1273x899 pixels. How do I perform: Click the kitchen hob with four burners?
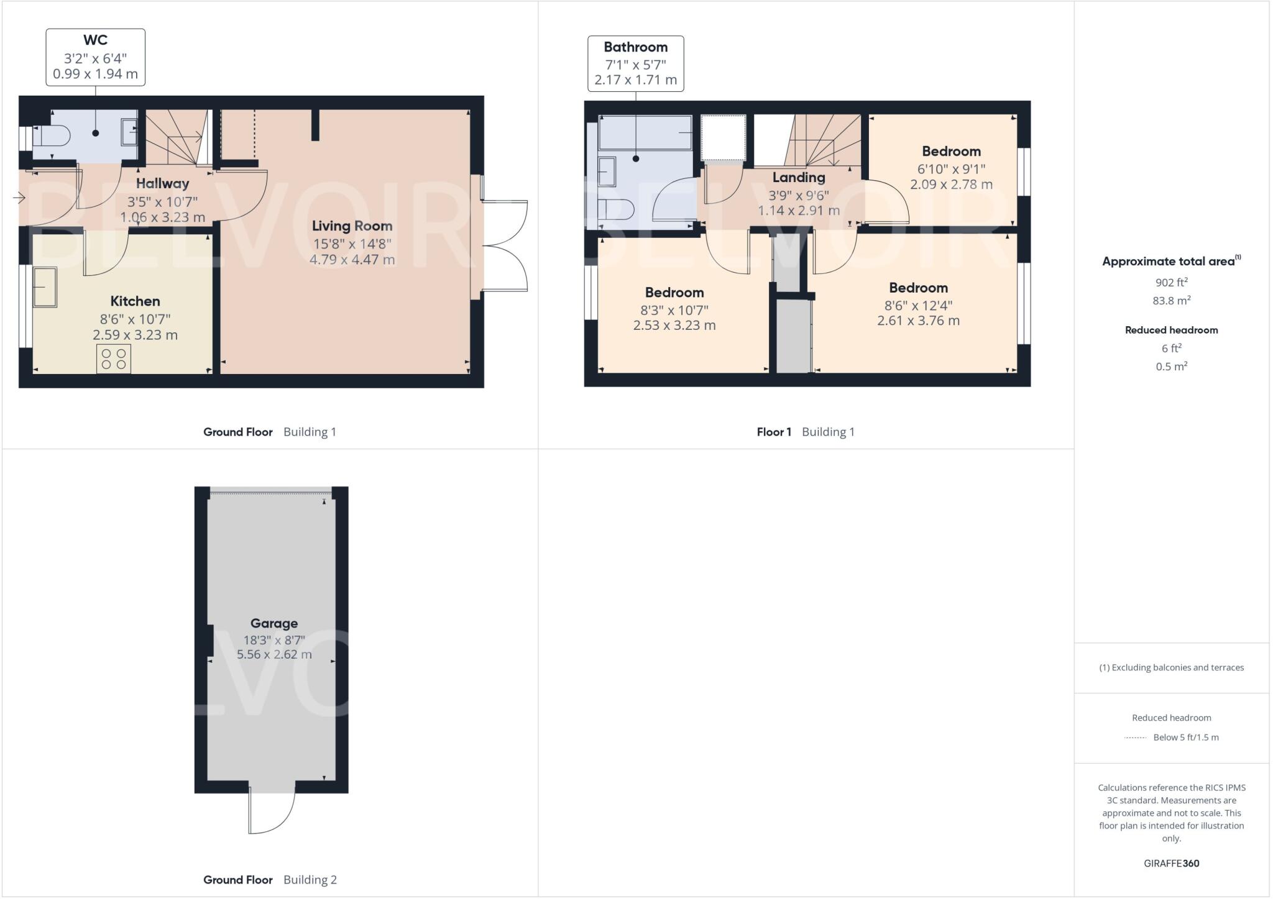[114, 358]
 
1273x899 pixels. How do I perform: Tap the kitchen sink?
[45, 287]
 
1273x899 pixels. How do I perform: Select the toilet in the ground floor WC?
[52, 135]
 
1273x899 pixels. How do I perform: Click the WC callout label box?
[95, 57]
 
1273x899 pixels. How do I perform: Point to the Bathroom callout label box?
[635, 63]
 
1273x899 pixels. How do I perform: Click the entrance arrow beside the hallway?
[19, 198]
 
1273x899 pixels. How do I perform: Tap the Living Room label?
[352, 226]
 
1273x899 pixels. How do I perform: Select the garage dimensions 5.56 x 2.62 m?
[274, 654]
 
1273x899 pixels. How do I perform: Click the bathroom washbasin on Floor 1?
[607, 171]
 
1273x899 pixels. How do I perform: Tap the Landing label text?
[798, 178]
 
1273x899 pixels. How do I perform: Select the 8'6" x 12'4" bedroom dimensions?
[918, 305]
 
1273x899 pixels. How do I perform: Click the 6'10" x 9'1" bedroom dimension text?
[951, 168]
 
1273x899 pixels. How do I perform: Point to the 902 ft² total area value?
[1171, 282]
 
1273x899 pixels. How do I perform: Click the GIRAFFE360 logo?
[1171, 863]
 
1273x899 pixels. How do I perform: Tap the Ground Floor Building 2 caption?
[270, 879]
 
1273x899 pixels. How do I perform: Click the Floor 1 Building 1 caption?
[805, 432]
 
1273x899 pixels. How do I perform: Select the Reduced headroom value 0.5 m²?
[1171, 367]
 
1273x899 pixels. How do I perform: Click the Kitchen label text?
[135, 301]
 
